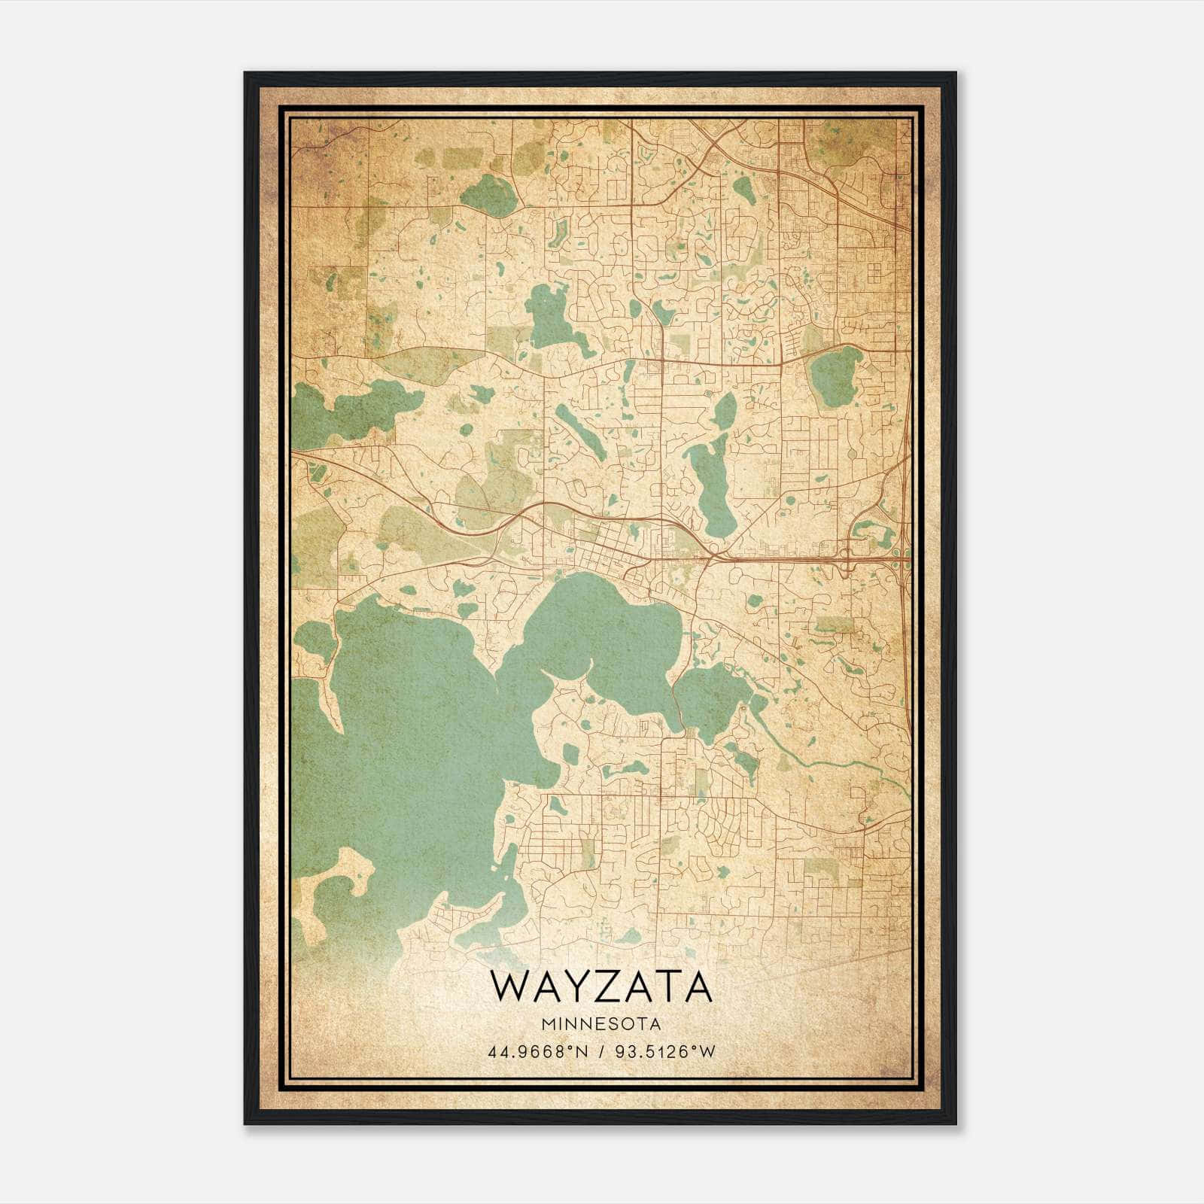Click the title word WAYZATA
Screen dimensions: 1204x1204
point(600,987)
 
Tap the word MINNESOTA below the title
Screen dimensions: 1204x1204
point(600,1024)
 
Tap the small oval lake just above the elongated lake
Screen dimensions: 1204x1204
point(725,410)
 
